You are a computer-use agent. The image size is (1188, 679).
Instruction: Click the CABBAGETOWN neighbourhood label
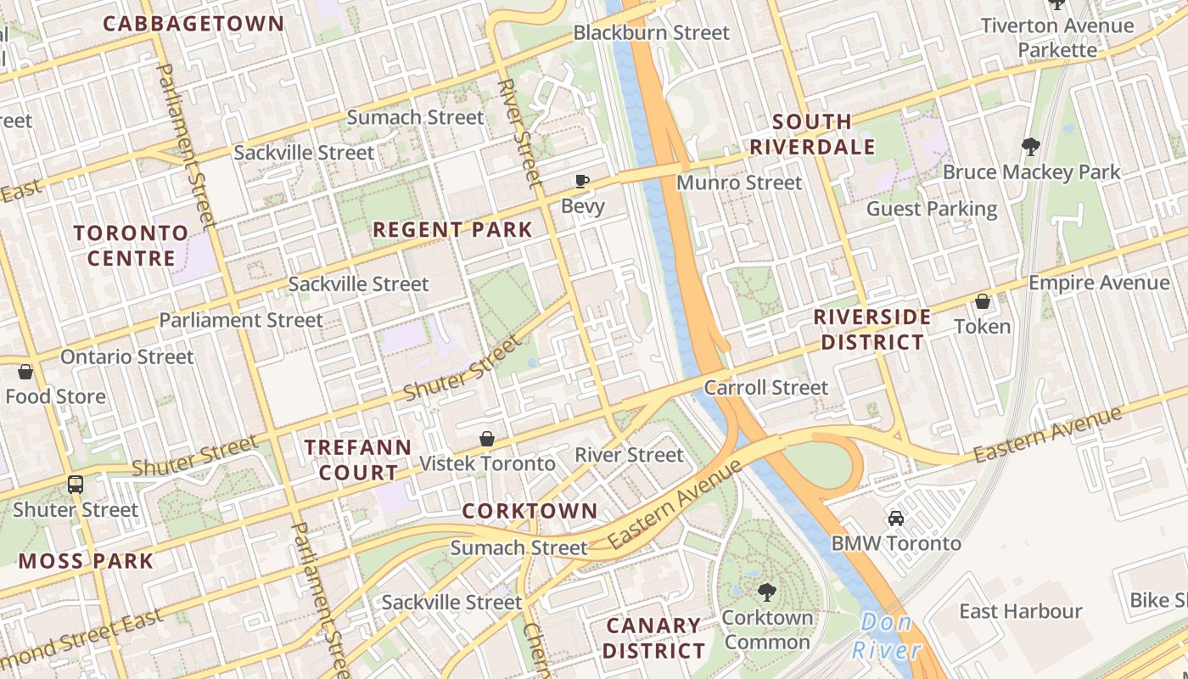pyautogui.click(x=193, y=23)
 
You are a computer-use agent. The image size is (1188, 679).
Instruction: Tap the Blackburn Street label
pyautogui.click(x=651, y=33)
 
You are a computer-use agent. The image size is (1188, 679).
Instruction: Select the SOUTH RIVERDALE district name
pyautogui.click(x=812, y=134)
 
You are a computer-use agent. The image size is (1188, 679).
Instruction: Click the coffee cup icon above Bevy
pyautogui.click(x=582, y=181)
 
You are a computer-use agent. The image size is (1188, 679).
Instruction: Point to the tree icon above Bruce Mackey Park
pyautogui.click(x=1031, y=147)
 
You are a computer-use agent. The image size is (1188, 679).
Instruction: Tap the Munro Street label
pyautogui.click(x=738, y=182)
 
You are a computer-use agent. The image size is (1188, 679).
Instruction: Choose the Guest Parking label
pyautogui.click(x=931, y=209)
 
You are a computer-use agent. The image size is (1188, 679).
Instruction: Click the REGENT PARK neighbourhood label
pyautogui.click(x=452, y=229)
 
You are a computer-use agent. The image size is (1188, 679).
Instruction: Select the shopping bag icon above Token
pyautogui.click(x=982, y=301)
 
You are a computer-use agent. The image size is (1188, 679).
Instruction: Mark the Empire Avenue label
pyautogui.click(x=1098, y=283)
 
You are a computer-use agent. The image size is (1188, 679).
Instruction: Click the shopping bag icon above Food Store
pyautogui.click(x=25, y=372)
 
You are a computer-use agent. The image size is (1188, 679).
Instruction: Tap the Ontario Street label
pyautogui.click(x=126, y=356)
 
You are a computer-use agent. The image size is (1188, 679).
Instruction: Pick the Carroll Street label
pyautogui.click(x=765, y=388)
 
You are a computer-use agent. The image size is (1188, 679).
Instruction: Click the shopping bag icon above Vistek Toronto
pyautogui.click(x=487, y=438)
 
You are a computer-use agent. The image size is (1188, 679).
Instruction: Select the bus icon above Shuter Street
pyautogui.click(x=76, y=485)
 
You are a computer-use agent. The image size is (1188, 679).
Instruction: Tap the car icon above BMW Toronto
pyautogui.click(x=895, y=518)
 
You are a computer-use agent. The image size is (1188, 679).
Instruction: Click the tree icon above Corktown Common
pyautogui.click(x=767, y=592)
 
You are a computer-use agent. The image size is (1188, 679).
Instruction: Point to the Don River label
pyautogui.click(x=887, y=637)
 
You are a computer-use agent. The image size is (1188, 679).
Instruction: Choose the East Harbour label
pyautogui.click(x=1020, y=611)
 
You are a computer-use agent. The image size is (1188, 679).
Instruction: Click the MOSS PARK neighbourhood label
pyautogui.click(x=86, y=560)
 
